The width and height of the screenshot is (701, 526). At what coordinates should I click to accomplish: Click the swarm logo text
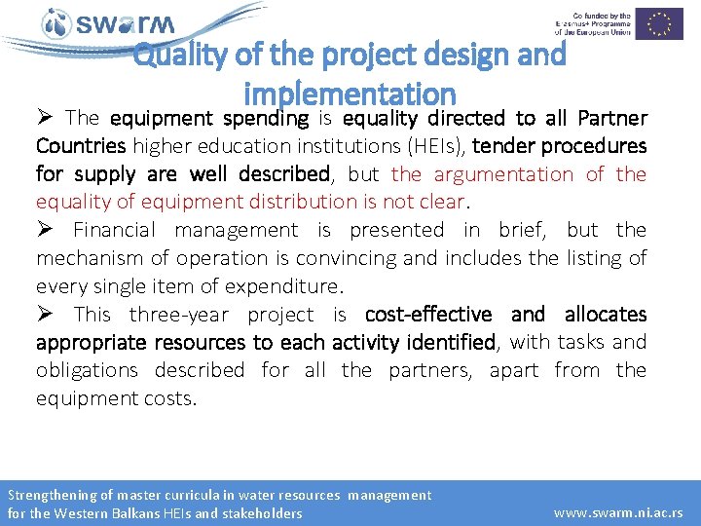coord(125,23)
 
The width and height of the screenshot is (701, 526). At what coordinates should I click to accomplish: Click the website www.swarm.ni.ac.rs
coord(618,512)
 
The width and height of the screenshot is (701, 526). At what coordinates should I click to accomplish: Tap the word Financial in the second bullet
coord(114,230)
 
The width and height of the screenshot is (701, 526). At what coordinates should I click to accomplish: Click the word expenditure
coord(287,286)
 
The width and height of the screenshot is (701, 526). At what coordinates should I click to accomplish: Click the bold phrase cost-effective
coord(428,315)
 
